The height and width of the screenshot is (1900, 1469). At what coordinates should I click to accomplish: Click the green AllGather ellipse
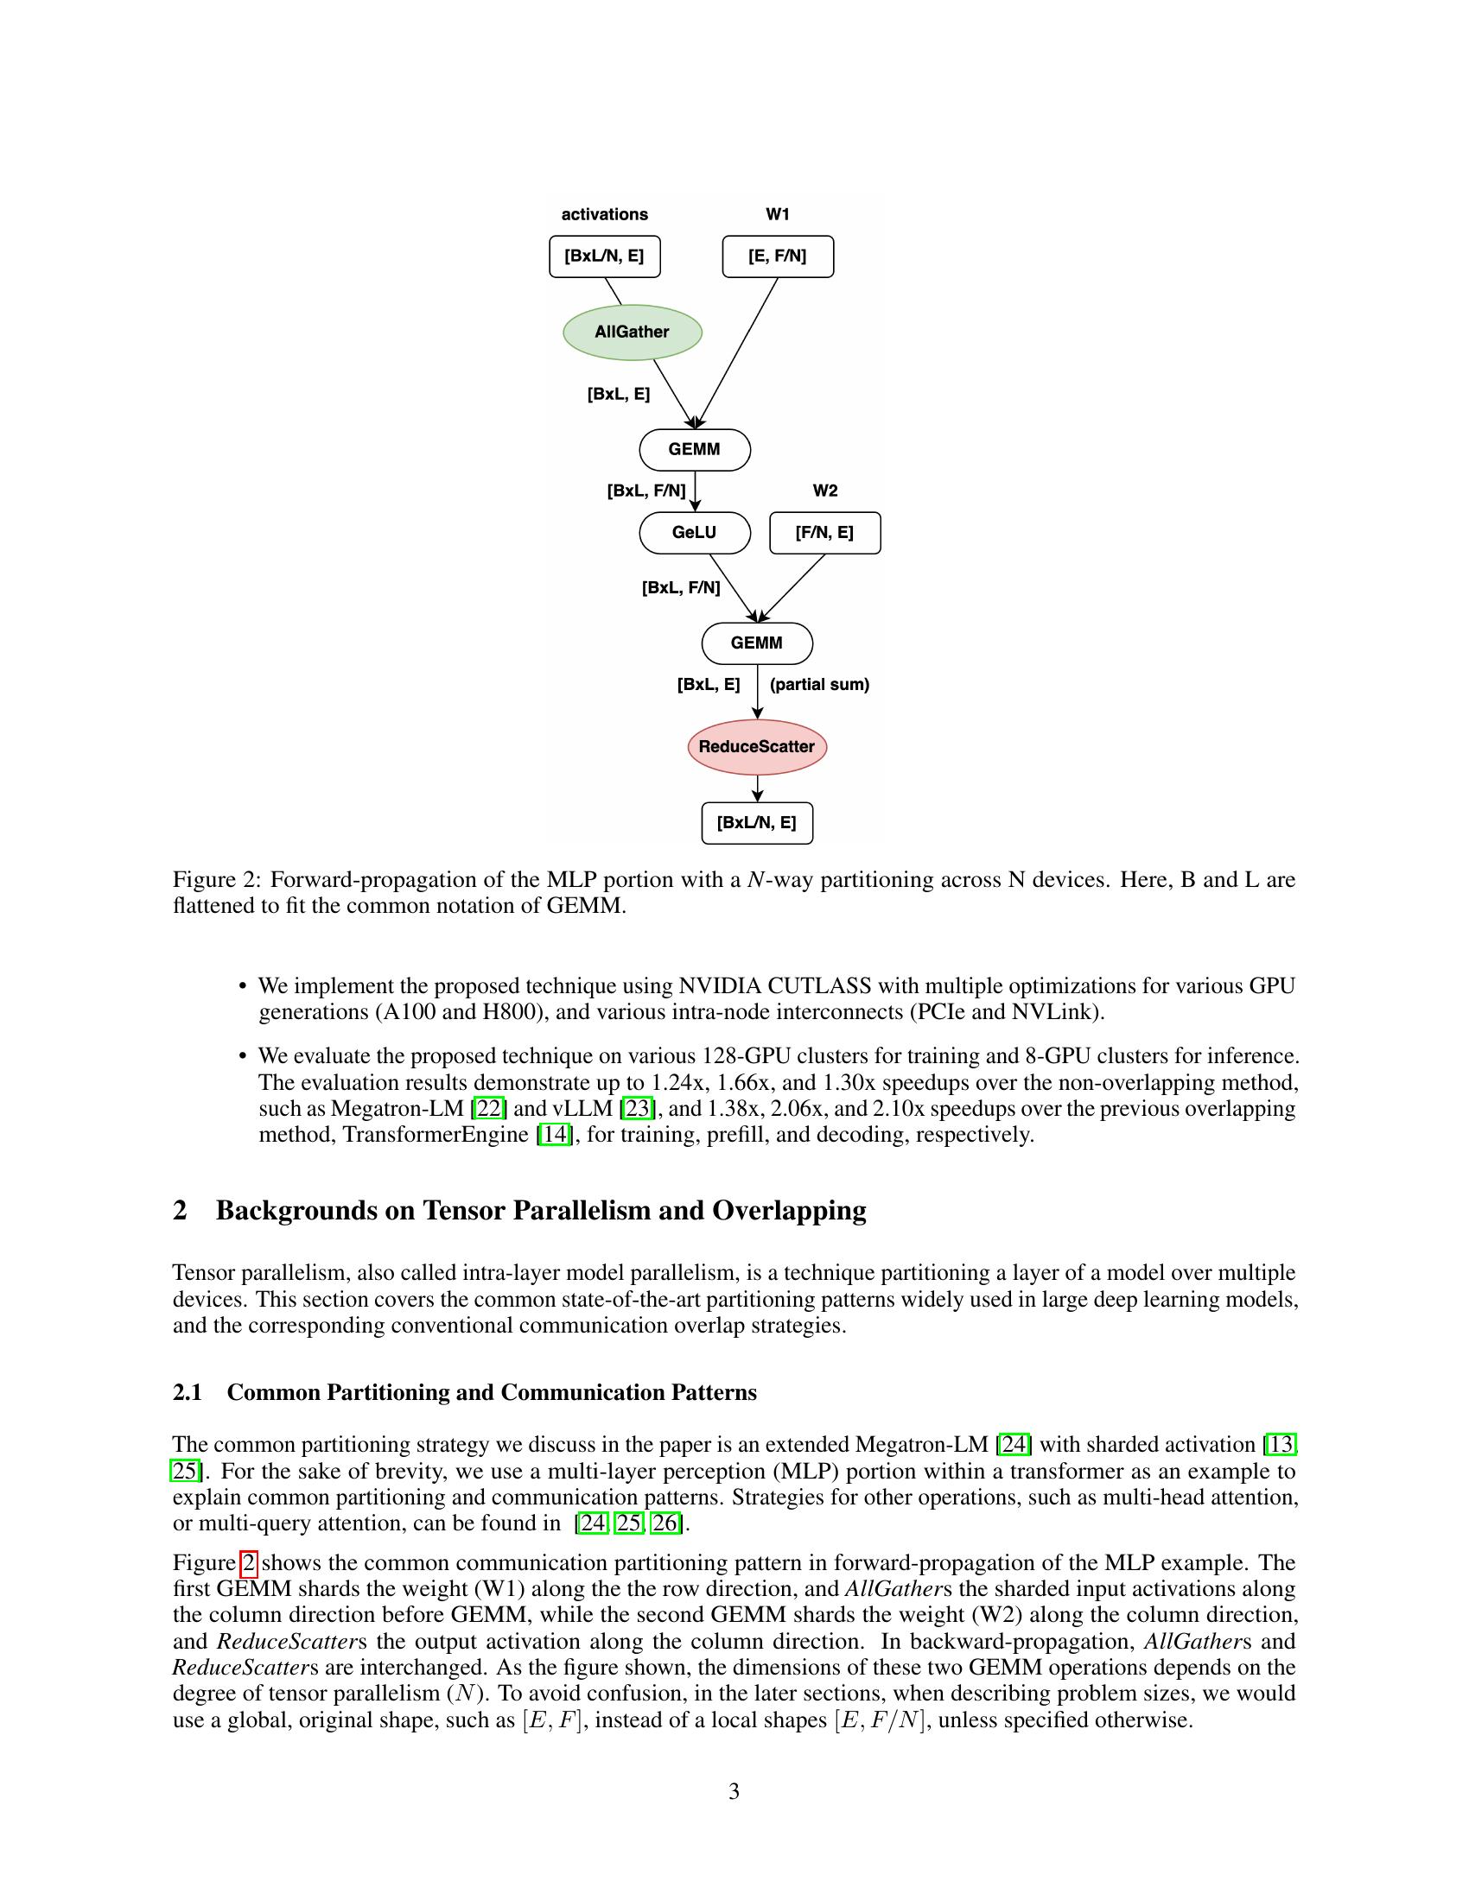point(632,332)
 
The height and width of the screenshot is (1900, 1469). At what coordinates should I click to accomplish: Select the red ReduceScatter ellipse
point(756,747)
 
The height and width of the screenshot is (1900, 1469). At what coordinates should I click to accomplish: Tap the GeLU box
point(695,532)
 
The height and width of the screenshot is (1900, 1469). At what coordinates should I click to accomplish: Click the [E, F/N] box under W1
point(777,256)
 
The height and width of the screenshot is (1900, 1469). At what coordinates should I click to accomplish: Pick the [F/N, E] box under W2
point(824,532)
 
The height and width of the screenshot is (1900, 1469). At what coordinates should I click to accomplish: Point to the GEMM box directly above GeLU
point(695,450)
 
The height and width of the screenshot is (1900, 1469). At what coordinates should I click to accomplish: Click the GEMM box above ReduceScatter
point(756,643)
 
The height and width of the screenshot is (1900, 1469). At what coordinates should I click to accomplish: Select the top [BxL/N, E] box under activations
point(604,256)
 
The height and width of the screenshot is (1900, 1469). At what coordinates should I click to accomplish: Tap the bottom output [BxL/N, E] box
point(756,823)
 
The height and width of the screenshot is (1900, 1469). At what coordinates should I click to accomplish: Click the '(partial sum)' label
point(819,685)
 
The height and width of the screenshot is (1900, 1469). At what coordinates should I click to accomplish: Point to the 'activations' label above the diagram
point(604,215)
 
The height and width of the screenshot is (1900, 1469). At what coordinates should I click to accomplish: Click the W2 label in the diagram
point(825,491)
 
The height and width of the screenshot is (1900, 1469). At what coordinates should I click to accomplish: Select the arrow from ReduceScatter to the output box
point(757,788)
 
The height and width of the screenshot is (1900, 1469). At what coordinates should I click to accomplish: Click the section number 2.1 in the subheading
point(188,1393)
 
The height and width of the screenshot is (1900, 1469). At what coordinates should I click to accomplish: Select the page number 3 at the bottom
point(734,1792)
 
